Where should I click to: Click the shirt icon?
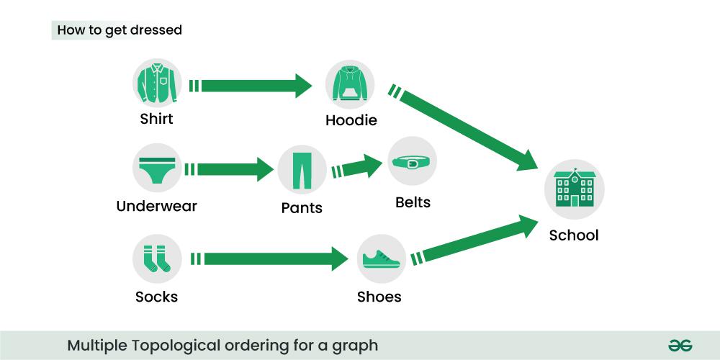157,83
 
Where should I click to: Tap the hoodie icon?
350,84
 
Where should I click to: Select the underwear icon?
157,168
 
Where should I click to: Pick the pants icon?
302,169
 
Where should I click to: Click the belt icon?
412,161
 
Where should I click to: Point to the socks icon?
157,258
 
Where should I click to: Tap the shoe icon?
382,258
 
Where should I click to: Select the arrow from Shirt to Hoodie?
251,86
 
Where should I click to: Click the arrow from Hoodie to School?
463,127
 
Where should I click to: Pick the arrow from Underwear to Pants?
229,169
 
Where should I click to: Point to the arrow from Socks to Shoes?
269,259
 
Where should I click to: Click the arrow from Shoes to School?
474,240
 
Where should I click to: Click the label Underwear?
156,206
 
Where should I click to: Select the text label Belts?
413,202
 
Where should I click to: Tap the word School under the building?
574,235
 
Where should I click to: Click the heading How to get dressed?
120,30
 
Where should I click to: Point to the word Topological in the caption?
176,346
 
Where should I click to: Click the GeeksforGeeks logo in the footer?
680,346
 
